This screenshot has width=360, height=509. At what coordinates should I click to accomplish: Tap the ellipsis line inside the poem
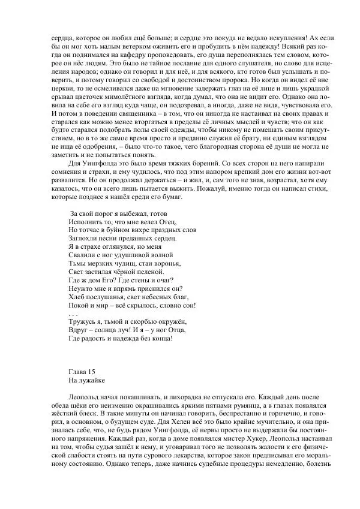(x=73, y=314)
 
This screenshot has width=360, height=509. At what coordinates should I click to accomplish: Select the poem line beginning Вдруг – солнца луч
(x=127, y=330)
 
